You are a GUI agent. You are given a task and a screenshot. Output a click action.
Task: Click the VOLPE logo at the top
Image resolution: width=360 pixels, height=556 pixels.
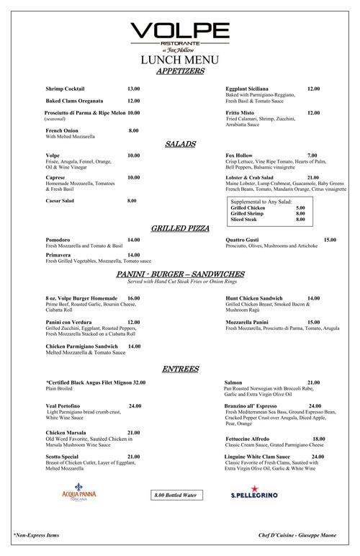179,32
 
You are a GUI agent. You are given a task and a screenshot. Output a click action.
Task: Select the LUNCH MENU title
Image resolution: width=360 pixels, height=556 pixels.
179,60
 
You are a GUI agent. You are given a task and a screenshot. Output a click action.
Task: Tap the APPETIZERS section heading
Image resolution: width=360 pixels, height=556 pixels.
179,71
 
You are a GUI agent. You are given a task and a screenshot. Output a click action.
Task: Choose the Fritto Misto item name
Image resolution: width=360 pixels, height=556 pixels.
242,112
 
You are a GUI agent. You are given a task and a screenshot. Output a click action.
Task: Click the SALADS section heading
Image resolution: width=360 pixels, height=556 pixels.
179,144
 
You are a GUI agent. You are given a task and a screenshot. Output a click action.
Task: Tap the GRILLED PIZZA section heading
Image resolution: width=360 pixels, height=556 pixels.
179,228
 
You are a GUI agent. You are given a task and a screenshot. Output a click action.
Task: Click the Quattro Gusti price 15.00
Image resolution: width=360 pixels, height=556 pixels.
330,239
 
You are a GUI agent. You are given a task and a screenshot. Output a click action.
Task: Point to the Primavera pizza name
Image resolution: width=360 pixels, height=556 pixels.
60,255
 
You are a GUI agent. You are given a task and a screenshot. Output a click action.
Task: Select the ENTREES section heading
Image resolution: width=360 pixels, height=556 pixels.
179,368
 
